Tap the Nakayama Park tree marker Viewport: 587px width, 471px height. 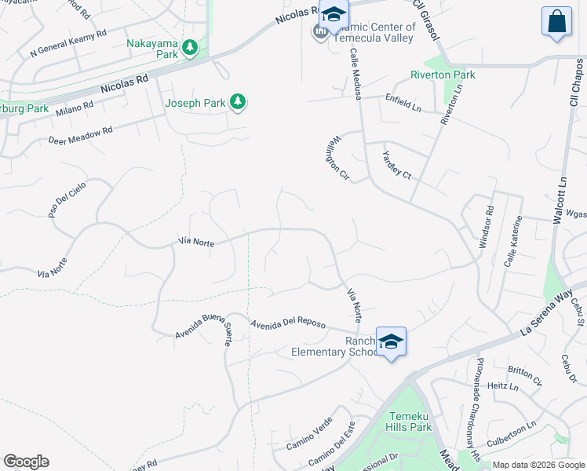click(x=190, y=49)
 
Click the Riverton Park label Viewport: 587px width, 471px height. click(x=443, y=75)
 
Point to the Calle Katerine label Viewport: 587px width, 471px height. click(x=512, y=241)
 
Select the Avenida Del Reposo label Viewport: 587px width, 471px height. click(x=287, y=325)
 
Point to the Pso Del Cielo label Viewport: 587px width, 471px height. click(x=67, y=198)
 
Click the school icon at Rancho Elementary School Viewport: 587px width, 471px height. click(x=391, y=341)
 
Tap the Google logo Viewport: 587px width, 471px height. click(x=26, y=462)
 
